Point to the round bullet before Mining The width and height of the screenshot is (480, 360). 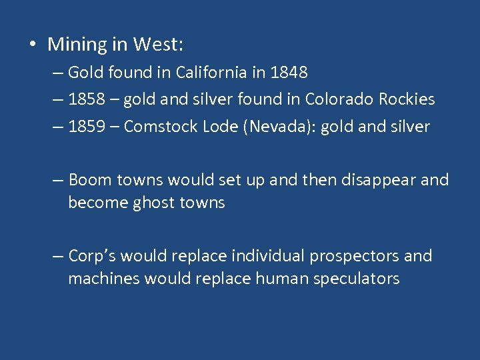(x=32, y=45)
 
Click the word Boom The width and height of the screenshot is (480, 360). (x=90, y=180)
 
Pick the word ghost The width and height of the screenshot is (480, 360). (x=150, y=203)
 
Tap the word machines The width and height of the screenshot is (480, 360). (x=98, y=279)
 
